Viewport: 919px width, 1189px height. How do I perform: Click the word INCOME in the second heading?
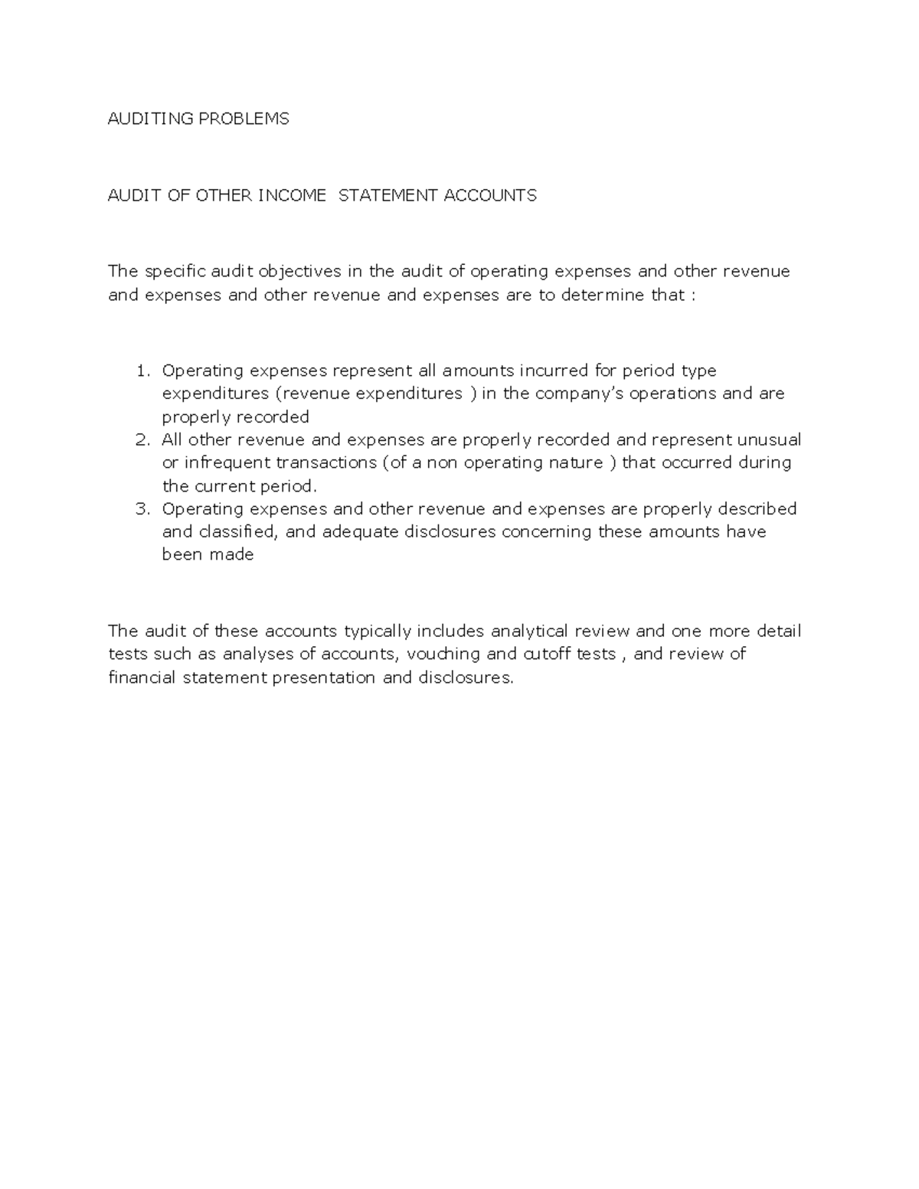292,195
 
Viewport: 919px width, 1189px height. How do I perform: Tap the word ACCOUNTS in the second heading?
490,195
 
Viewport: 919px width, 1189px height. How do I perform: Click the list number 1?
142,371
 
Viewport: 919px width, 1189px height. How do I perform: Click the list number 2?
142,439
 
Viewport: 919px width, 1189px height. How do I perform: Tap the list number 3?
142,508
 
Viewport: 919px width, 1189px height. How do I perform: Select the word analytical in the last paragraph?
528,632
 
